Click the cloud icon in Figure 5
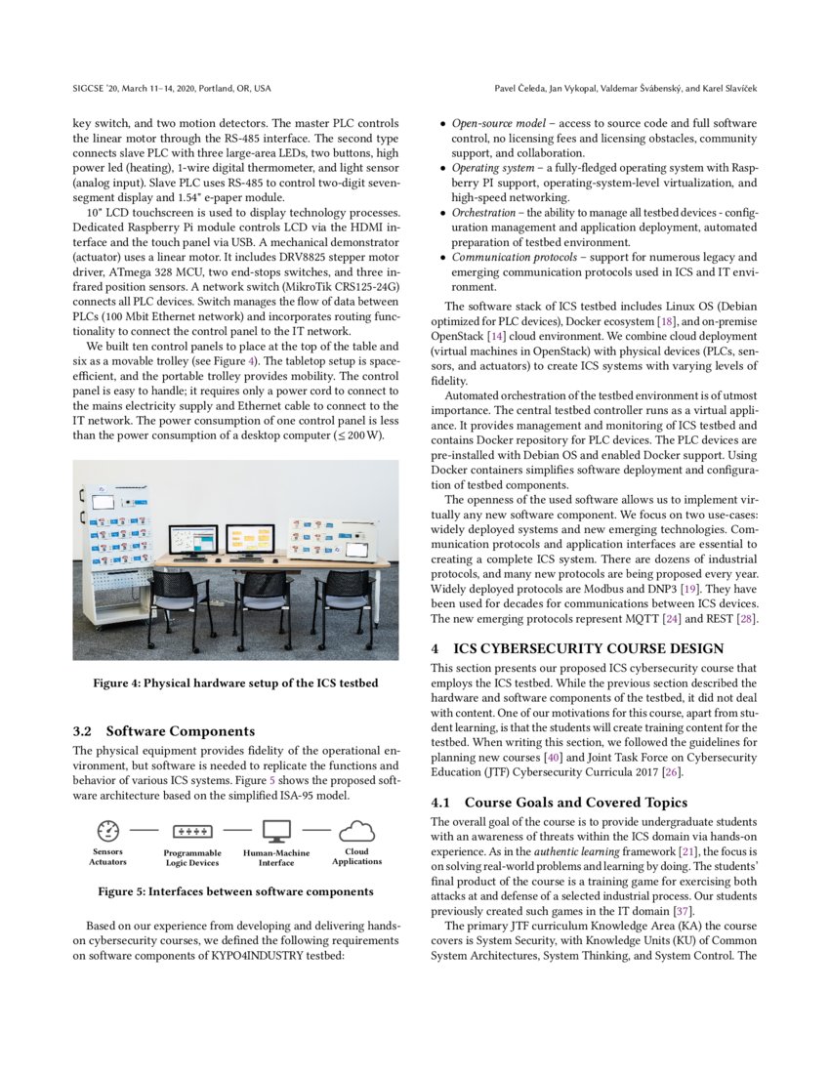tap(356, 831)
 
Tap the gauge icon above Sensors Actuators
tap(108, 831)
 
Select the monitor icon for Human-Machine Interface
tap(276, 831)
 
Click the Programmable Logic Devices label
tap(192, 858)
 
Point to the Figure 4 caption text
tap(235, 682)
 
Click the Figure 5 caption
tap(235, 890)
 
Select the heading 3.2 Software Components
tap(165, 730)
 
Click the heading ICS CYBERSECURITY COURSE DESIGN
tap(589, 648)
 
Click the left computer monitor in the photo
tap(192, 539)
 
